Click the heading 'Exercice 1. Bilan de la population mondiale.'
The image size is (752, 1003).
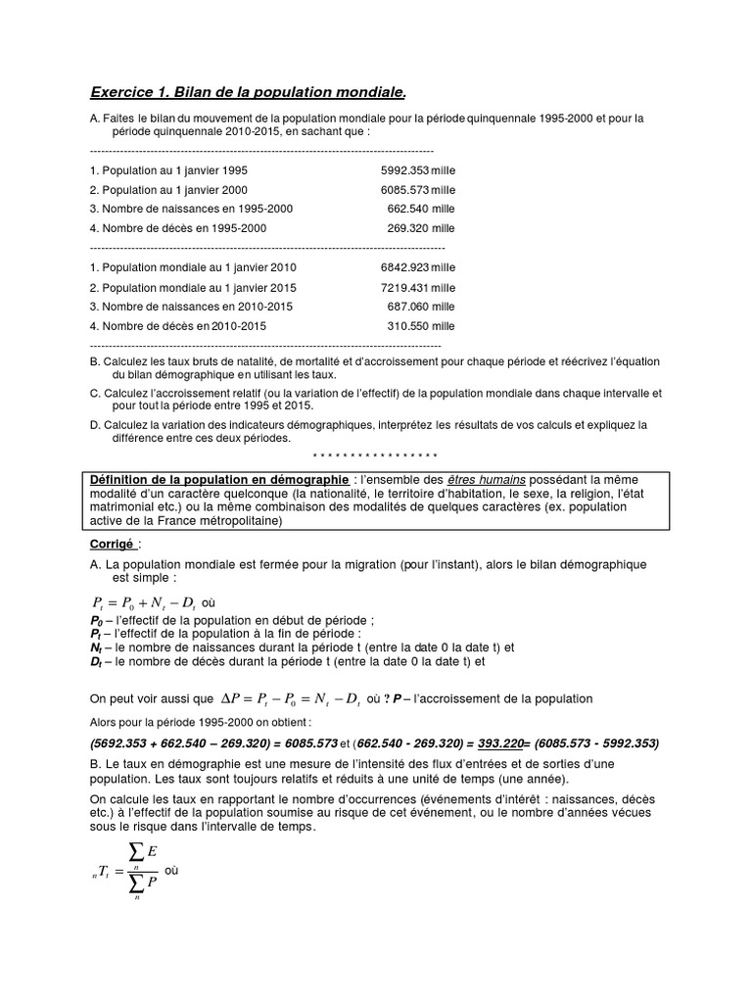[x=247, y=92]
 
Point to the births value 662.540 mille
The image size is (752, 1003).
[x=421, y=209]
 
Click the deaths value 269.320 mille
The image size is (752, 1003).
[x=421, y=228]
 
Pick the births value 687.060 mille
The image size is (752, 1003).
[x=421, y=307]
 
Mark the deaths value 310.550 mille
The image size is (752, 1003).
[x=421, y=326]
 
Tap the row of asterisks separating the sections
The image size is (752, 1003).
[x=374, y=455]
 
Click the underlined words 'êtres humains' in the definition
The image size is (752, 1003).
[x=487, y=479]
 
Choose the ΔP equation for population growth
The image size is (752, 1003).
[x=292, y=699]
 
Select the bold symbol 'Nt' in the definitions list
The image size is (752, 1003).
[x=96, y=647]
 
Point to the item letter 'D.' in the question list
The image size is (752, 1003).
[x=94, y=425]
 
